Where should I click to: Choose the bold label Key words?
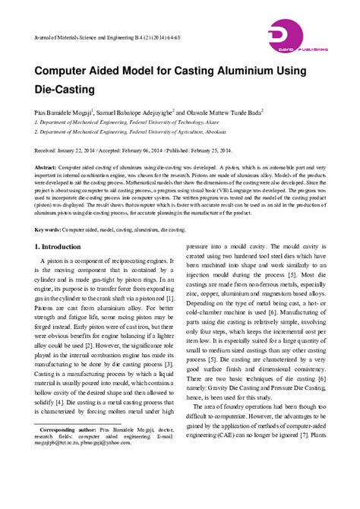[x=50, y=207]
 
